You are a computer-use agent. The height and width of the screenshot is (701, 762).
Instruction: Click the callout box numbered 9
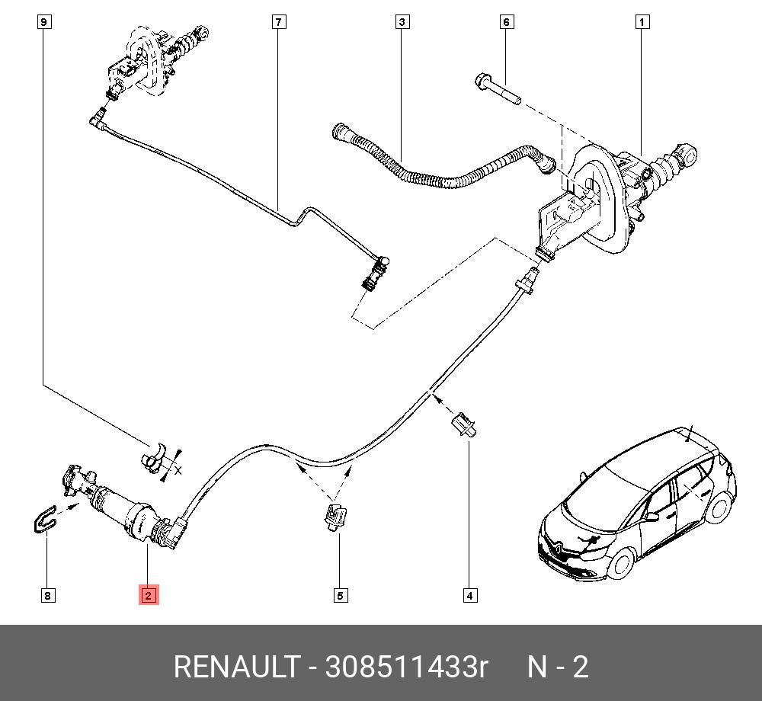(44, 22)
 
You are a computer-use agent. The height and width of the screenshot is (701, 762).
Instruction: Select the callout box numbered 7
(279, 22)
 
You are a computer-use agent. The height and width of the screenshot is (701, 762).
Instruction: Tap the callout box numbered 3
(402, 22)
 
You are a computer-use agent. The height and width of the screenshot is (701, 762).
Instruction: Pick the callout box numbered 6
(507, 22)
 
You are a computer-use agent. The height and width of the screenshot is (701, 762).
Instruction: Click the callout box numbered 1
(642, 22)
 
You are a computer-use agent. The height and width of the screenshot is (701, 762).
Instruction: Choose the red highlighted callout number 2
(148, 595)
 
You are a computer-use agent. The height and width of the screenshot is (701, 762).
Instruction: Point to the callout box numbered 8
(47, 596)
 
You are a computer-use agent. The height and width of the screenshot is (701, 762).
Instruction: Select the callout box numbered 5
(339, 596)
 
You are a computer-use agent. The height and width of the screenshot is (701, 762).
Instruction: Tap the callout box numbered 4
(469, 596)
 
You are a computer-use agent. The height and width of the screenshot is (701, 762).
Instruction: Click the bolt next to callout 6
(496, 88)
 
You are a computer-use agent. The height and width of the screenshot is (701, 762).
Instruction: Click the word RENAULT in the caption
(235, 667)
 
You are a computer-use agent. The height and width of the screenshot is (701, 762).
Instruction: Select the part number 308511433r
(406, 667)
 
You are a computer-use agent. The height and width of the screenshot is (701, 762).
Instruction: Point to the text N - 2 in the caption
(559, 667)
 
